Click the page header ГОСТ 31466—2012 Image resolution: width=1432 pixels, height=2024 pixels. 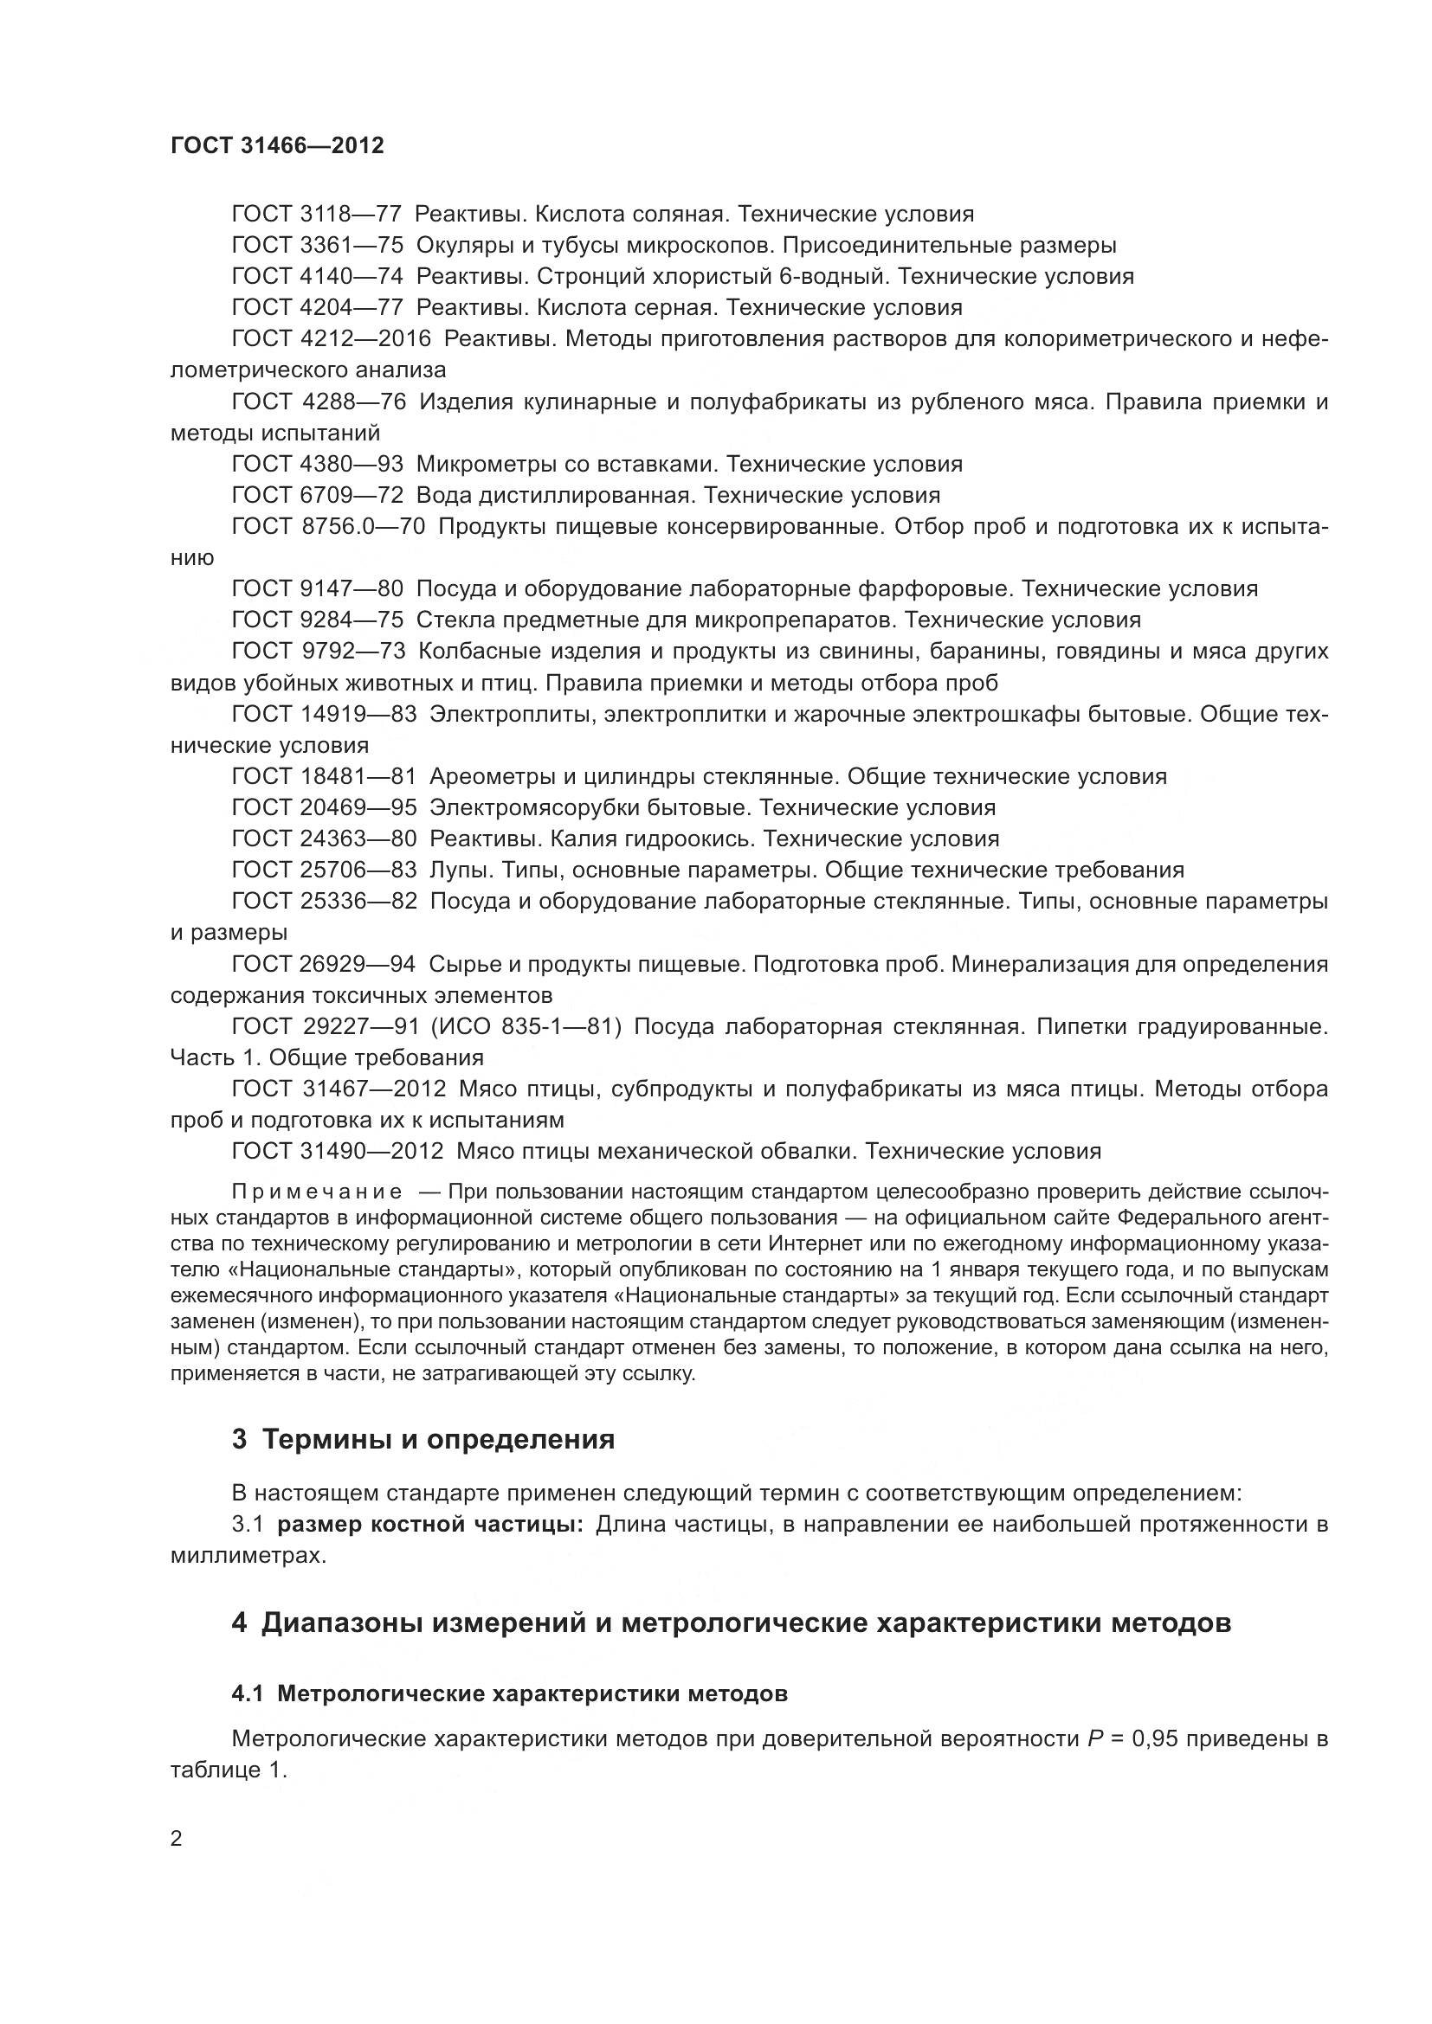coord(277,145)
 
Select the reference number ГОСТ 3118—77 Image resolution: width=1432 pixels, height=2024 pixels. coord(317,215)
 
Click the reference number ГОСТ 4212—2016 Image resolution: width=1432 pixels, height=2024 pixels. coord(331,338)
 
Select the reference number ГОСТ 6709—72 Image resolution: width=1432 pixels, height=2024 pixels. coord(317,495)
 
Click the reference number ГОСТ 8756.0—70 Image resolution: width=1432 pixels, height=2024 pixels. coord(328,526)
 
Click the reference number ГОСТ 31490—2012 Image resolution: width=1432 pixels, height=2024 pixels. coord(337,1151)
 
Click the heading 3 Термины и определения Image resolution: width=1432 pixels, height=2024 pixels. coord(423,1439)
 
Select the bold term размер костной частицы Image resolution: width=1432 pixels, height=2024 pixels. coord(430,1524)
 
